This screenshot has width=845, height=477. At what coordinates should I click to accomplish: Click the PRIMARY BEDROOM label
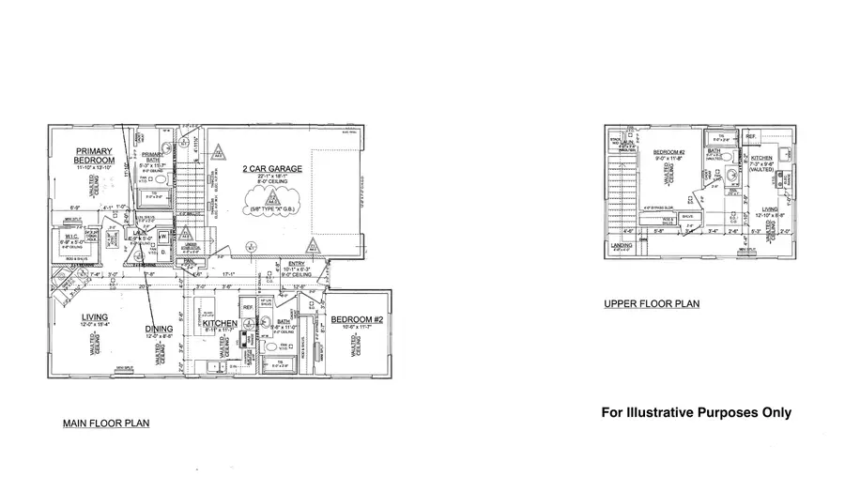click(x=95, y=156)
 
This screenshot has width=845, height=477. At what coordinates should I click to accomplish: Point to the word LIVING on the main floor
click(x=95, y=316)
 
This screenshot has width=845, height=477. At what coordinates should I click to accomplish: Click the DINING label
click(x=159, y=328)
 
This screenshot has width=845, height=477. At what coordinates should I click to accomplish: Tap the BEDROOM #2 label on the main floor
click(x=353, y=320)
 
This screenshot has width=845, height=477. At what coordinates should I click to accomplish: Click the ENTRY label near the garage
click(x=297, y=263)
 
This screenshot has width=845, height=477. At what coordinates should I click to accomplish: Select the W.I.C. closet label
click(x=69, y=236)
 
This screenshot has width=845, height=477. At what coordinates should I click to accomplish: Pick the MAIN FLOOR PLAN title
click(x=106, y=423)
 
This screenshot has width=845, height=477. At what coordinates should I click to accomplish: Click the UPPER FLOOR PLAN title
click(x=651, y=304)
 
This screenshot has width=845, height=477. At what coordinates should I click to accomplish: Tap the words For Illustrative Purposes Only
click(x=696, y=412)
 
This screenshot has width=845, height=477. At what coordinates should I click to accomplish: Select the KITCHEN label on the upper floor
click(x=761, y=159)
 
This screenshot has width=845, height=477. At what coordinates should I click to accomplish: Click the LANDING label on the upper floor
click(x=621, y=247)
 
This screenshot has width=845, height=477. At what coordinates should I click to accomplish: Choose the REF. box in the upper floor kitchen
click(x=751, y=137)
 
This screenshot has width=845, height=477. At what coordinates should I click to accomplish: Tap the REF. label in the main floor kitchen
click(x=249, y=307)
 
